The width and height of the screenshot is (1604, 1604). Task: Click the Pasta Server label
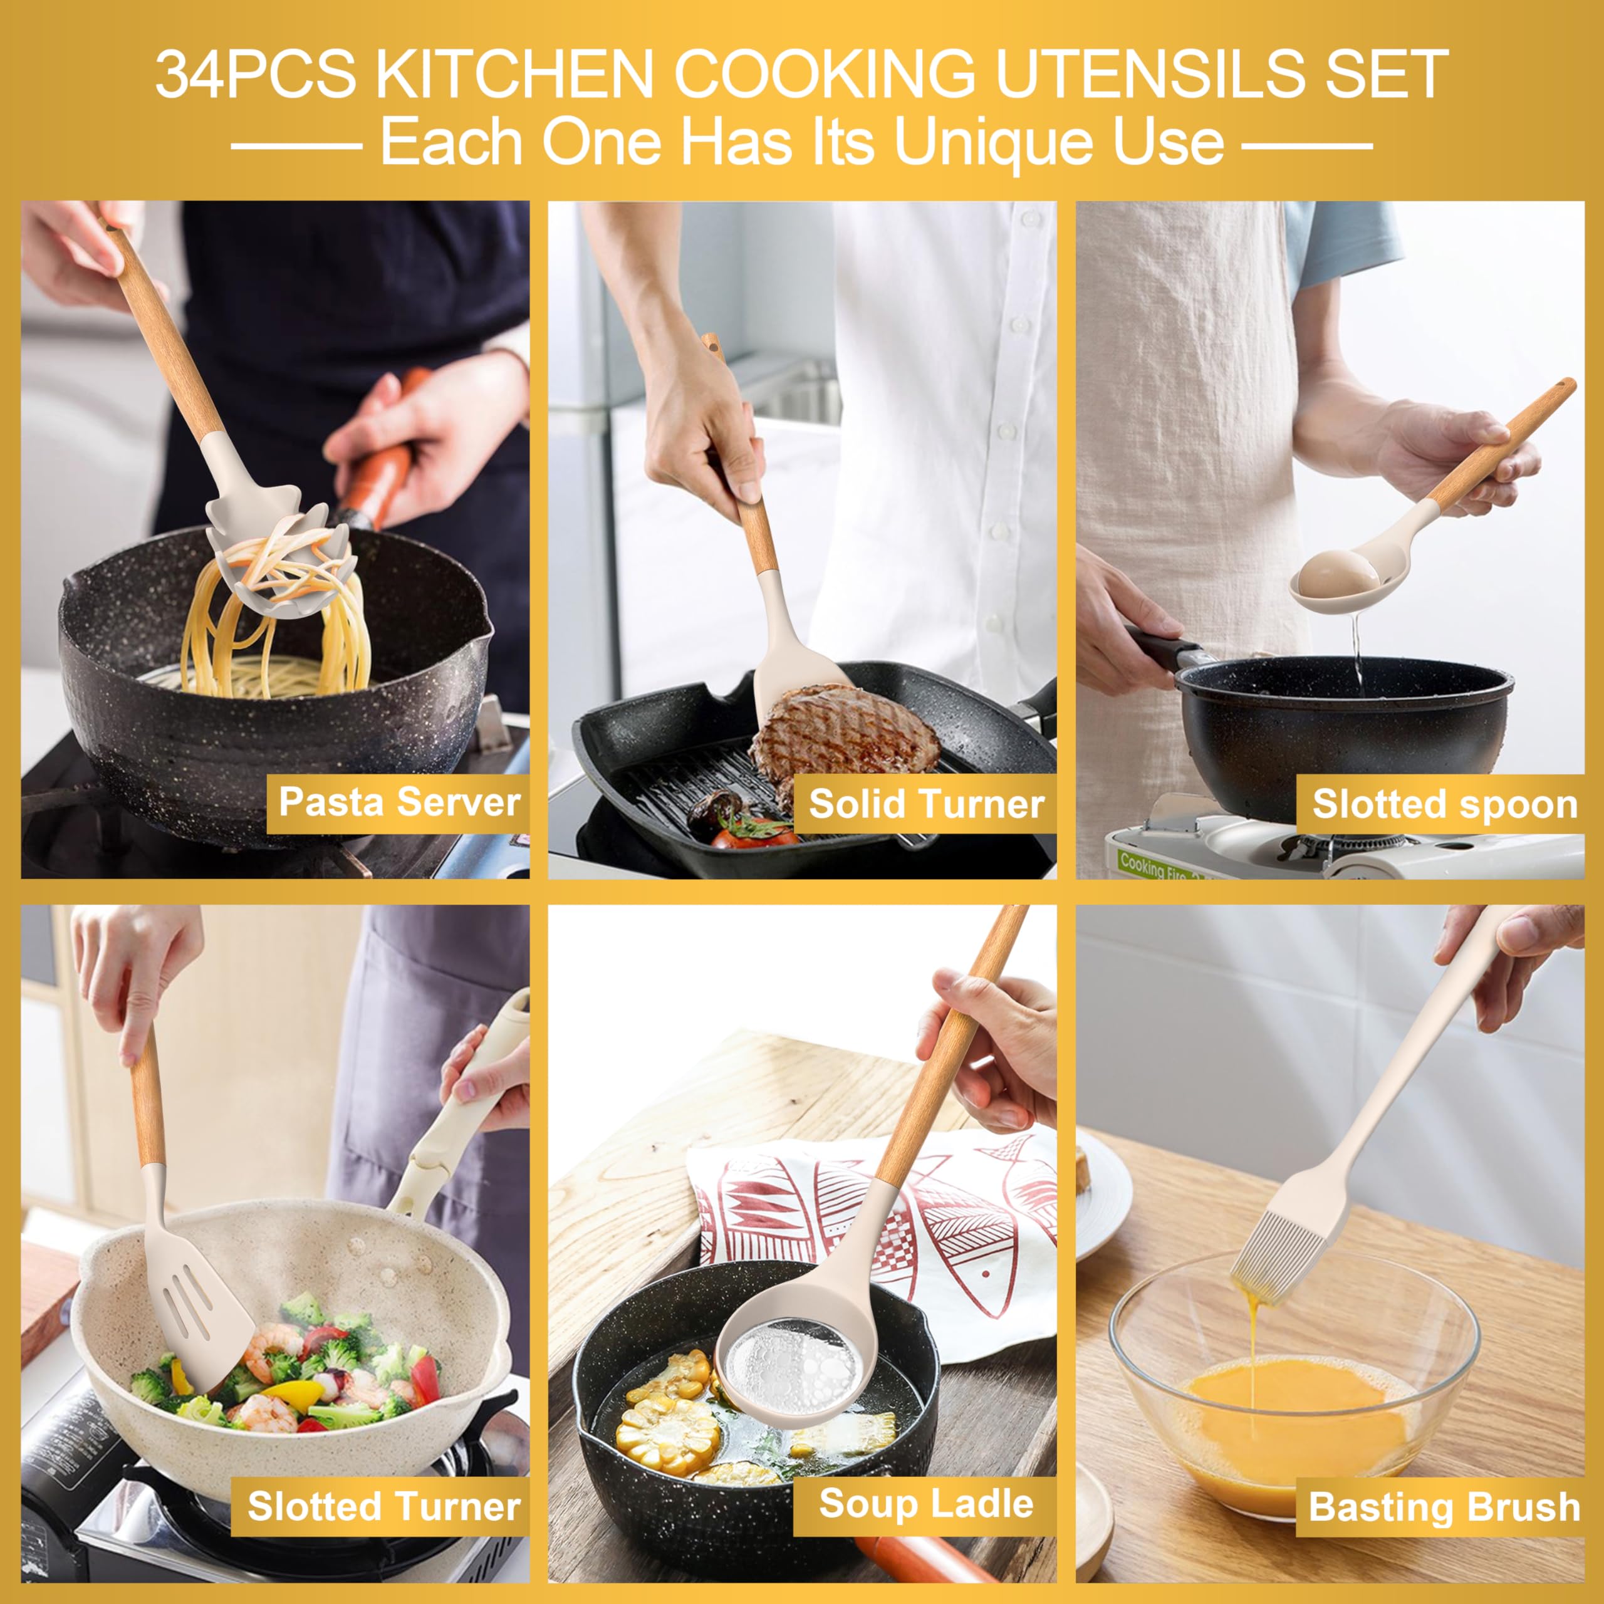398,802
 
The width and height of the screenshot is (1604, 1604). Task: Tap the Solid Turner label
925,804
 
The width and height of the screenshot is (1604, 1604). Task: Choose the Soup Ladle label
925,1504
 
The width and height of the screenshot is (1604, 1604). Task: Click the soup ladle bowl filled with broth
789,1370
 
